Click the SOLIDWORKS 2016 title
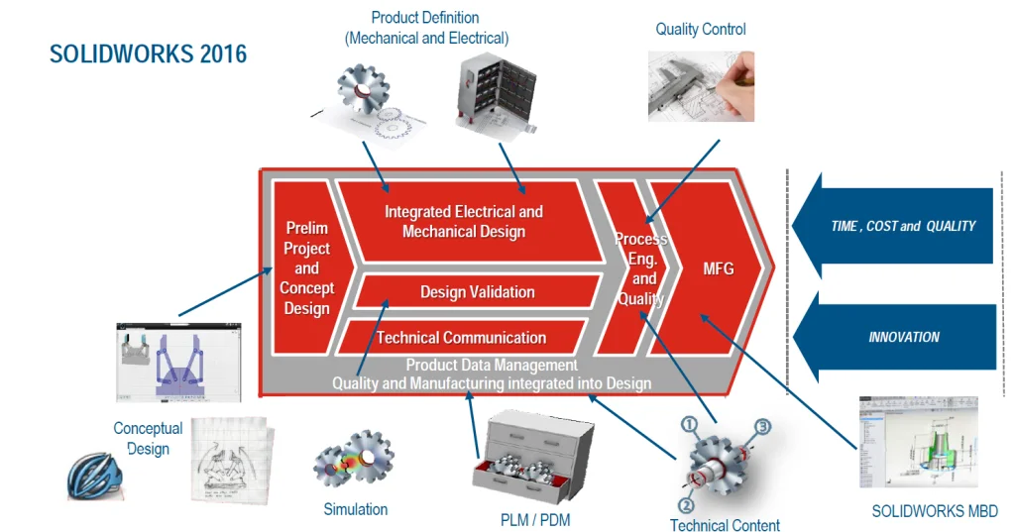coord(149,53)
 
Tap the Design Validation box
coord(477,292)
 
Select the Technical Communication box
coord(461,338)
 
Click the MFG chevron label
coord(718,268)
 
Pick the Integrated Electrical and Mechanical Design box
coord(463,222)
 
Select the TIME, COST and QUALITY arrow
coord(902,226)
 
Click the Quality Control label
coord(701,30)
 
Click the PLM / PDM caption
coord(535,519)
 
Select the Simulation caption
coord(356,509)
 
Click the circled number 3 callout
coord(762,427)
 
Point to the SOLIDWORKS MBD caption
coord(935,511)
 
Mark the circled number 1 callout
coord(690,424)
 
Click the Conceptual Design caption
coord(148,438)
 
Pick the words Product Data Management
coord(492,366)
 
